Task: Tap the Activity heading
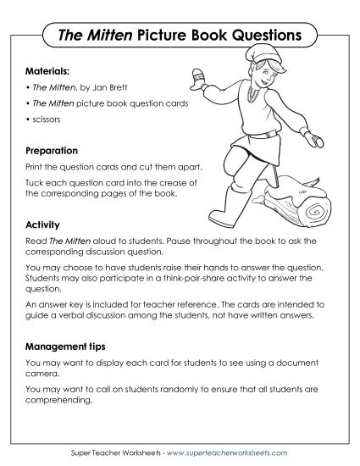(x=42, y=225)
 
